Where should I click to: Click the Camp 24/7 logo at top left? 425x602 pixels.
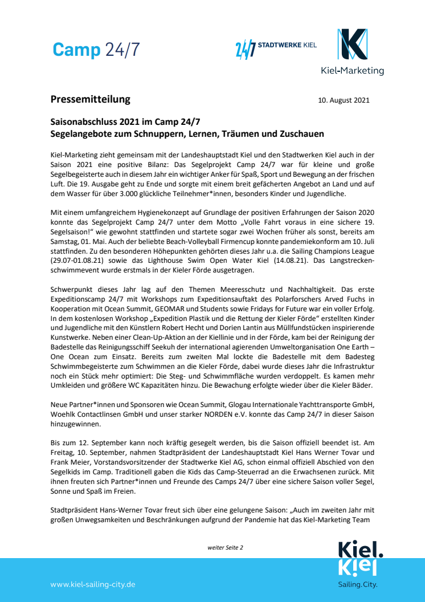click(96, 50)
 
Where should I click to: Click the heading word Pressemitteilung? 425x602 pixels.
click(90, 99)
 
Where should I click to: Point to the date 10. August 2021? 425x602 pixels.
click(344, 100)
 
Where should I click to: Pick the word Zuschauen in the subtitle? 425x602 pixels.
click(299, 134)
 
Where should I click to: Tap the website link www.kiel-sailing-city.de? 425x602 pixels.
click(93, 584)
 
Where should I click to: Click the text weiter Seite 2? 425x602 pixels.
click(225, 547)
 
